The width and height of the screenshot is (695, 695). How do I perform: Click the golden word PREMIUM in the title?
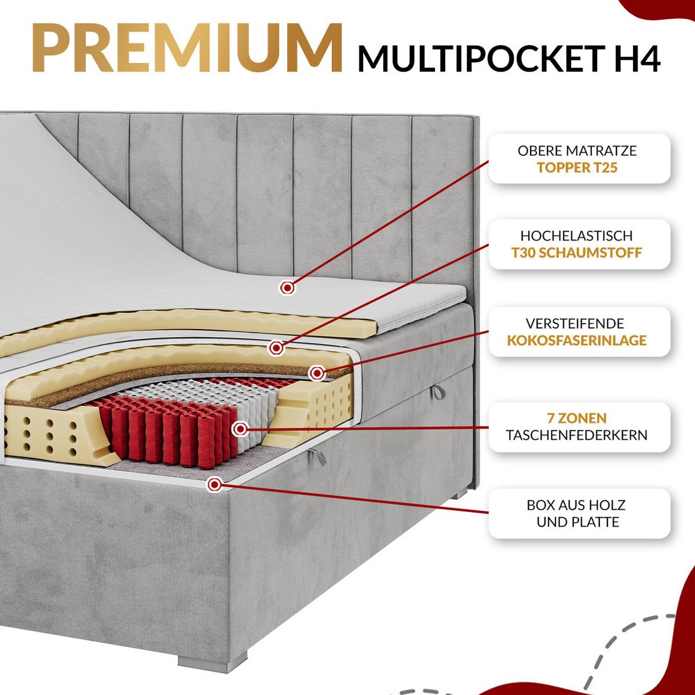coord(187,48)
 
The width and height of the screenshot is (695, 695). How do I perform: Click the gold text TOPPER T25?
coord(577,167)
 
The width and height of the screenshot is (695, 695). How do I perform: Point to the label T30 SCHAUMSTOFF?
coord(577,253)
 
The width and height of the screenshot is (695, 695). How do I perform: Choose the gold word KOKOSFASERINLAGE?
coord(577,340)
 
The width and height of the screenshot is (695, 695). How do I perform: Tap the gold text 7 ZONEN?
coord(577,418)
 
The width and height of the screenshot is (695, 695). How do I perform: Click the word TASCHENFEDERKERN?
coord(577,435)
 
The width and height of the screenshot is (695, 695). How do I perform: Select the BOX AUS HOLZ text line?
coord(576,505)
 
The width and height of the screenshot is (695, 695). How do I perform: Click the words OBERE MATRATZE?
coord(577,151)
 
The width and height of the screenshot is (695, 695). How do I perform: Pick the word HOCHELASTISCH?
coord(576,236)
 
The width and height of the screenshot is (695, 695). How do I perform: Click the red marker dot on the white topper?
coord(287,288)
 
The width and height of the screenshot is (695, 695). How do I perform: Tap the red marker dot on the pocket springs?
coord(240,429)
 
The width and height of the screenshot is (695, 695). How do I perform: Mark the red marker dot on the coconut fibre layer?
coord(316,374)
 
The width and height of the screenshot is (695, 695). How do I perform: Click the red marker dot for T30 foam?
coord(276,348)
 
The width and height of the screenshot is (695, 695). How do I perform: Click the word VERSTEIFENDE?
coord(575,323)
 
